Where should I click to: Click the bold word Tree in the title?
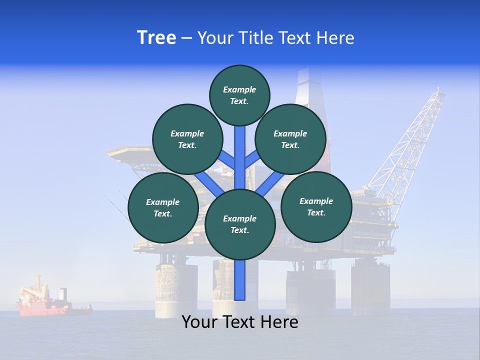pos(156,38)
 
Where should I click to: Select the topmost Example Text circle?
pos(239,95)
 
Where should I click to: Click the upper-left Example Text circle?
pos(187,139)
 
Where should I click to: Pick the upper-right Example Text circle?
pos(290,139)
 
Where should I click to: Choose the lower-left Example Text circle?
pos(163,207)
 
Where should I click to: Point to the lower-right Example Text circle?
pos(316,206)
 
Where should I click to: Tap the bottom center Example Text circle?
pos(240,224)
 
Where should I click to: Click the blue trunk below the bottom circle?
pos(240,280)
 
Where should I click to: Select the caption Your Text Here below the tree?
pos(240,322)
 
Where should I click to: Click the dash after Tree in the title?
pos(186,38)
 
